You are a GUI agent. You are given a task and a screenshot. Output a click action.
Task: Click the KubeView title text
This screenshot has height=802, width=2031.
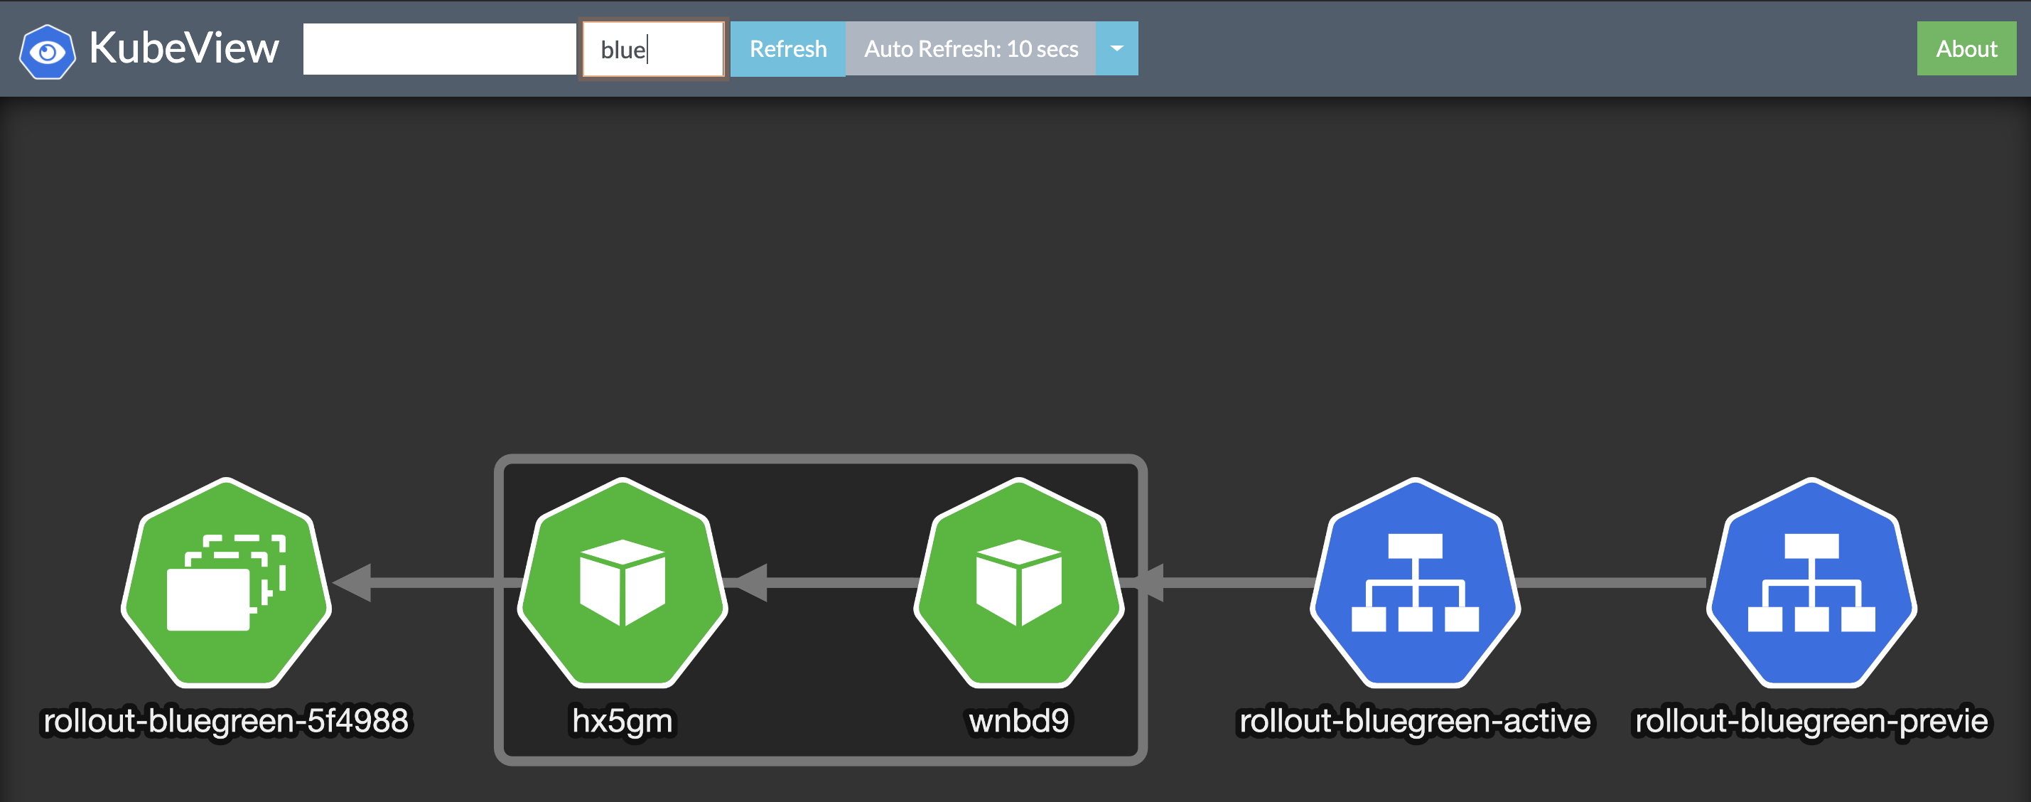(x=184, y=48)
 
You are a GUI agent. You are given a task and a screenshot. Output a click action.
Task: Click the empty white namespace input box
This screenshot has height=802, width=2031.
(x=439, y=49)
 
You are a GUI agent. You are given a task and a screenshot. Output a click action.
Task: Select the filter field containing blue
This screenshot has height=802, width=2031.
(x=653, y=49)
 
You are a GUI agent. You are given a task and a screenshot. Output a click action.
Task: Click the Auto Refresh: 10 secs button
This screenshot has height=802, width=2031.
(x=971, y=49)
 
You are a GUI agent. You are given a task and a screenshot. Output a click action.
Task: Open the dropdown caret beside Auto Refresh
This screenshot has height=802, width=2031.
(x=1116, y=49)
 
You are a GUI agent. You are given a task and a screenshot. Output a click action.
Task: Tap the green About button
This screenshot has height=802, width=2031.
(x=1966, y=49)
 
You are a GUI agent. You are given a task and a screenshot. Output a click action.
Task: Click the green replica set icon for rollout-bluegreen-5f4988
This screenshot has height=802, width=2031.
(x=226, y=583)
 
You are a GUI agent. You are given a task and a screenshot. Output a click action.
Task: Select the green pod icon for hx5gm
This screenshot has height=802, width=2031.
(x=623, y=583)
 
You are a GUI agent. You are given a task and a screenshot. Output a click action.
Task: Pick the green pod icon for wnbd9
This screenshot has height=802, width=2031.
(x=1018, y=583)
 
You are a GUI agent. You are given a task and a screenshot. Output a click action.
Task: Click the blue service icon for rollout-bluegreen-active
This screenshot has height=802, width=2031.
(x=1416, y=583)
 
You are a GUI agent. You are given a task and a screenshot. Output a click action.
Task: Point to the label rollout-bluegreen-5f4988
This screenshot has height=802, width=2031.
(x=226, y=721)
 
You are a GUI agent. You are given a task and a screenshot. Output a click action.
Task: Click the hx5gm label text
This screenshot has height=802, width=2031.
(x=623, y=721)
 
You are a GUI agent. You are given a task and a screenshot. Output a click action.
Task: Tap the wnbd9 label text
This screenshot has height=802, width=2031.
(x=1018, y=721)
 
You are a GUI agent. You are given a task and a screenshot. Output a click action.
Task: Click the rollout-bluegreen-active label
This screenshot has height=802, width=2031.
(x=1416, y=721)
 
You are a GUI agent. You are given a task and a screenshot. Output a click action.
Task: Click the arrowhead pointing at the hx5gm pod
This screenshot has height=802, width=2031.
(x=748, y=583)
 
